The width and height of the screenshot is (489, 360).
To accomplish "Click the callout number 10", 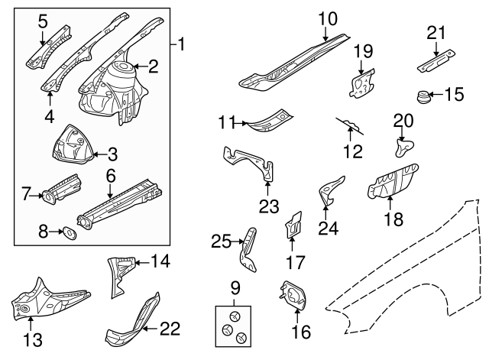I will [x=327, y=18].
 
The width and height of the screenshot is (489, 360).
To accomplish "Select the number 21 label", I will [x=436, y=32].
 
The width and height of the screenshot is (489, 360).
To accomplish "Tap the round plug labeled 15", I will [x=420, y=96].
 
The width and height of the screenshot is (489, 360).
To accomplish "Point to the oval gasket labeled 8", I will [x=68, y=232].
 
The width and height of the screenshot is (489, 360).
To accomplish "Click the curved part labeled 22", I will [x=134, y=322].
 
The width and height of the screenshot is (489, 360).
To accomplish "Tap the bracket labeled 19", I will [x=360, y=81].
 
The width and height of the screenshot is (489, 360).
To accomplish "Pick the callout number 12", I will [x=353, y=151].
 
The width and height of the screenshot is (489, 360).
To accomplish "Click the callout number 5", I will [x=42, y=18].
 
